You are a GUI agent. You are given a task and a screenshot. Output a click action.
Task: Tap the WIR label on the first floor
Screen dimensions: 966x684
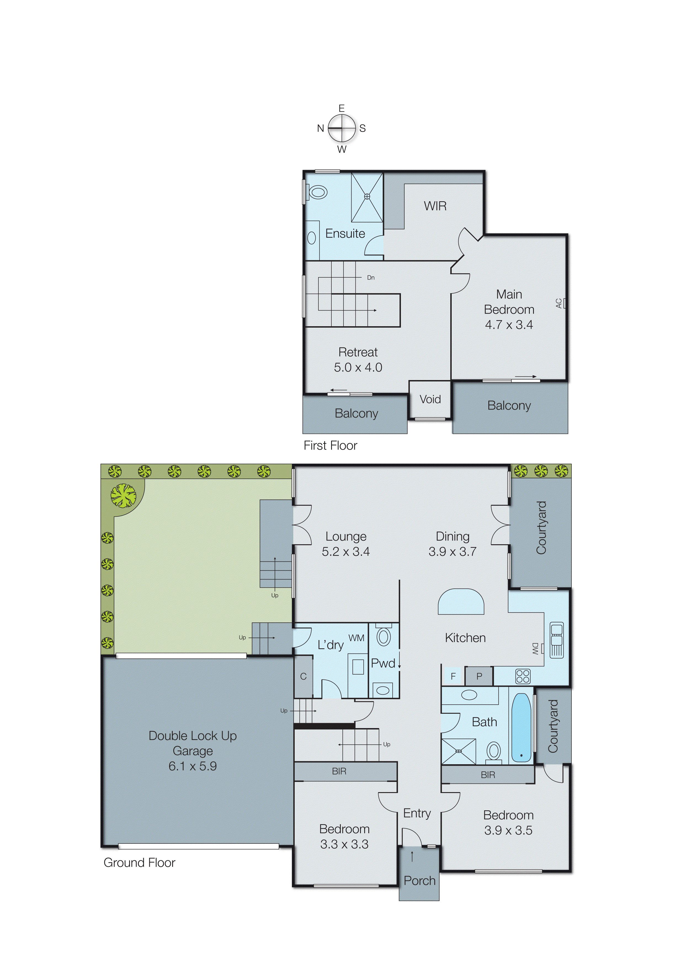point(435,206)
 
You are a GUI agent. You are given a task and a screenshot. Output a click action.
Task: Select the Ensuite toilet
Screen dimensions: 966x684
point(318,193)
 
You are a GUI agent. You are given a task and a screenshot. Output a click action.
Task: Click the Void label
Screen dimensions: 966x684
point(430,399)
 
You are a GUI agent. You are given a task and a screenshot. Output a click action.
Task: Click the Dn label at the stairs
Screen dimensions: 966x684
point(371,278)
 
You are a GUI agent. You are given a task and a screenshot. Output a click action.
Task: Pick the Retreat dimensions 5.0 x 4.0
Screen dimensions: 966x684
point(358,367)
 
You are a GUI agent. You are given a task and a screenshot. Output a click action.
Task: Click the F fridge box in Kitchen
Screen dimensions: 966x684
point(453,676)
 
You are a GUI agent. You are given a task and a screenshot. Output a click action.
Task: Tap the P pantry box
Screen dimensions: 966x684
point(479,676)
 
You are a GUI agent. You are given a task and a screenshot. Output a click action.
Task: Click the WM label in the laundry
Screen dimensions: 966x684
point(356,638)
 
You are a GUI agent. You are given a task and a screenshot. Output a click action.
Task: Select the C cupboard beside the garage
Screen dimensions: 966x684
point(303,676)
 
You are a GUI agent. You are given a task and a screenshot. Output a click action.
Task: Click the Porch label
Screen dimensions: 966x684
point(419,880)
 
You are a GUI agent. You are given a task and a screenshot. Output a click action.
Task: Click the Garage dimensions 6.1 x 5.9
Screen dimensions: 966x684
point(193,766)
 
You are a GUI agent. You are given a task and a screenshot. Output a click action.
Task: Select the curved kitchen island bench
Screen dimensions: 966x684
point(461,602)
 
